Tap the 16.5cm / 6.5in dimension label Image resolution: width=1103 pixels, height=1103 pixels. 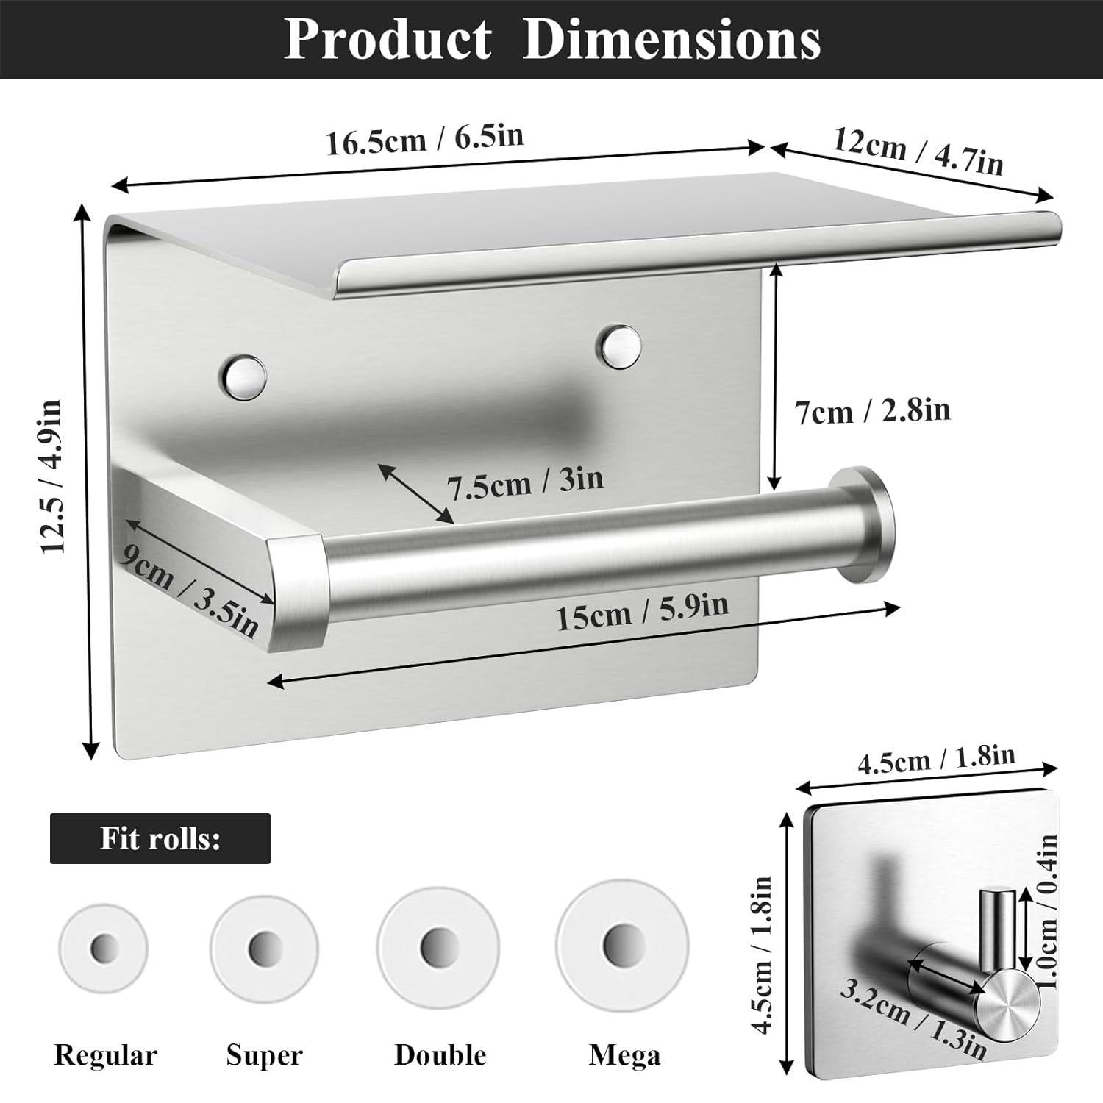(425, 139)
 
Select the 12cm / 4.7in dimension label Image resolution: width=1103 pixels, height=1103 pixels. (917, 151)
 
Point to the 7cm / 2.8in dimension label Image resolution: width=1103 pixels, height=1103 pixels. (872, 410)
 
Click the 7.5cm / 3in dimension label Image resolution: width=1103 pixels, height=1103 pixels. (525, 482)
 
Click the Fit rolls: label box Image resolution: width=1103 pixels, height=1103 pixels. (160, 839)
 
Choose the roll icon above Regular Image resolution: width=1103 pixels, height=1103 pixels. (104, 948)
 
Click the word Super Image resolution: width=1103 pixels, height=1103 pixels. (264, 1055)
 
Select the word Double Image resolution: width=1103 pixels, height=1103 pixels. (440, 1055)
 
